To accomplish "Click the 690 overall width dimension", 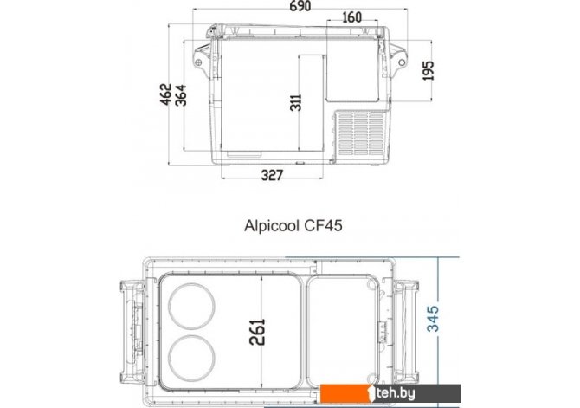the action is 300,5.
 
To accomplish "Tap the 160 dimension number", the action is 351,17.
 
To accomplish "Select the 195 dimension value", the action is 428,70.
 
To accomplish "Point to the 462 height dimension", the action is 166,94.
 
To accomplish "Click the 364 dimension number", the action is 181,95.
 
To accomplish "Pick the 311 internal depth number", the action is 295,102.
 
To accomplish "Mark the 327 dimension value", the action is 272,175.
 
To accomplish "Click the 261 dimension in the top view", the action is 257,332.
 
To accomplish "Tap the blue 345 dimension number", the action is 433,319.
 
